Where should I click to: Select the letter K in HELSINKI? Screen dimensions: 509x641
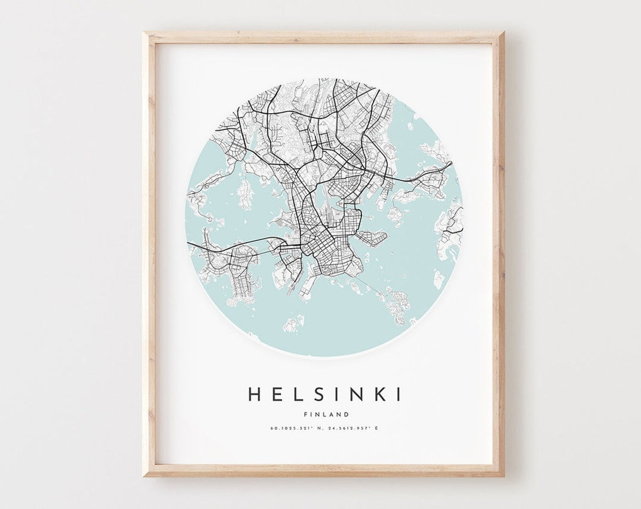pyautogui.click(x=379, y=395)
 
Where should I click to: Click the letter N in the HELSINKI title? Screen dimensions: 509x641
pyautogui.click(x=356, y=395)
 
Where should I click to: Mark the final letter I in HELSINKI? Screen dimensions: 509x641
pyautogui.click(x=397, y=395)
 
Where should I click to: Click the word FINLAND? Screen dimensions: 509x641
pyautogui.click(x=326, y=414)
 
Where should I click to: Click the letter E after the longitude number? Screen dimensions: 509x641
pyautogui.click(x=376, y=429)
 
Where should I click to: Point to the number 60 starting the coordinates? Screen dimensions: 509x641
pyautogui.click(x=273, y=429)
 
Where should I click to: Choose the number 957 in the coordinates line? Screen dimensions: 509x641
pyautogui.click(x=364, y=429)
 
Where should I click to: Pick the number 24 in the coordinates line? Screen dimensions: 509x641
pyautogui.click(x=332, y=429)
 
